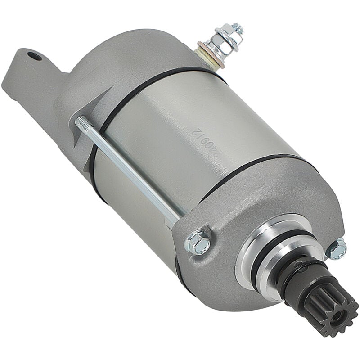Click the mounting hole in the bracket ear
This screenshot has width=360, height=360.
pyautogui.click(x=34, y=56)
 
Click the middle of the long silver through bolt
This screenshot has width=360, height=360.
pyautogui.click(x=130, y=171)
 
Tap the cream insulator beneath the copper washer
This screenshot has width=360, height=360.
pyautogui.click(x=211, y=58)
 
